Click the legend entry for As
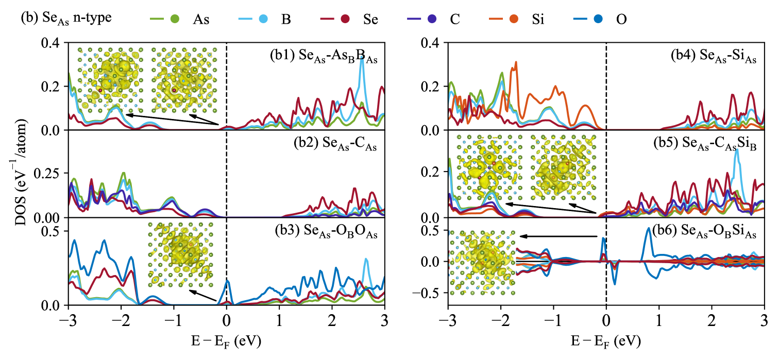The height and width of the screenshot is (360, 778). (176, 20)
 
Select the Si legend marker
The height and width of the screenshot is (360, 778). (513, 20)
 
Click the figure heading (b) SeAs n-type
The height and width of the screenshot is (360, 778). (66, 18)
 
